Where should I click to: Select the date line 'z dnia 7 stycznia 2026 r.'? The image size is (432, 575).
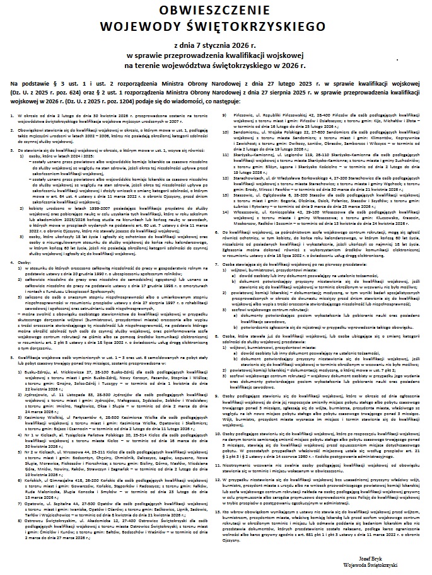pos(216,46)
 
